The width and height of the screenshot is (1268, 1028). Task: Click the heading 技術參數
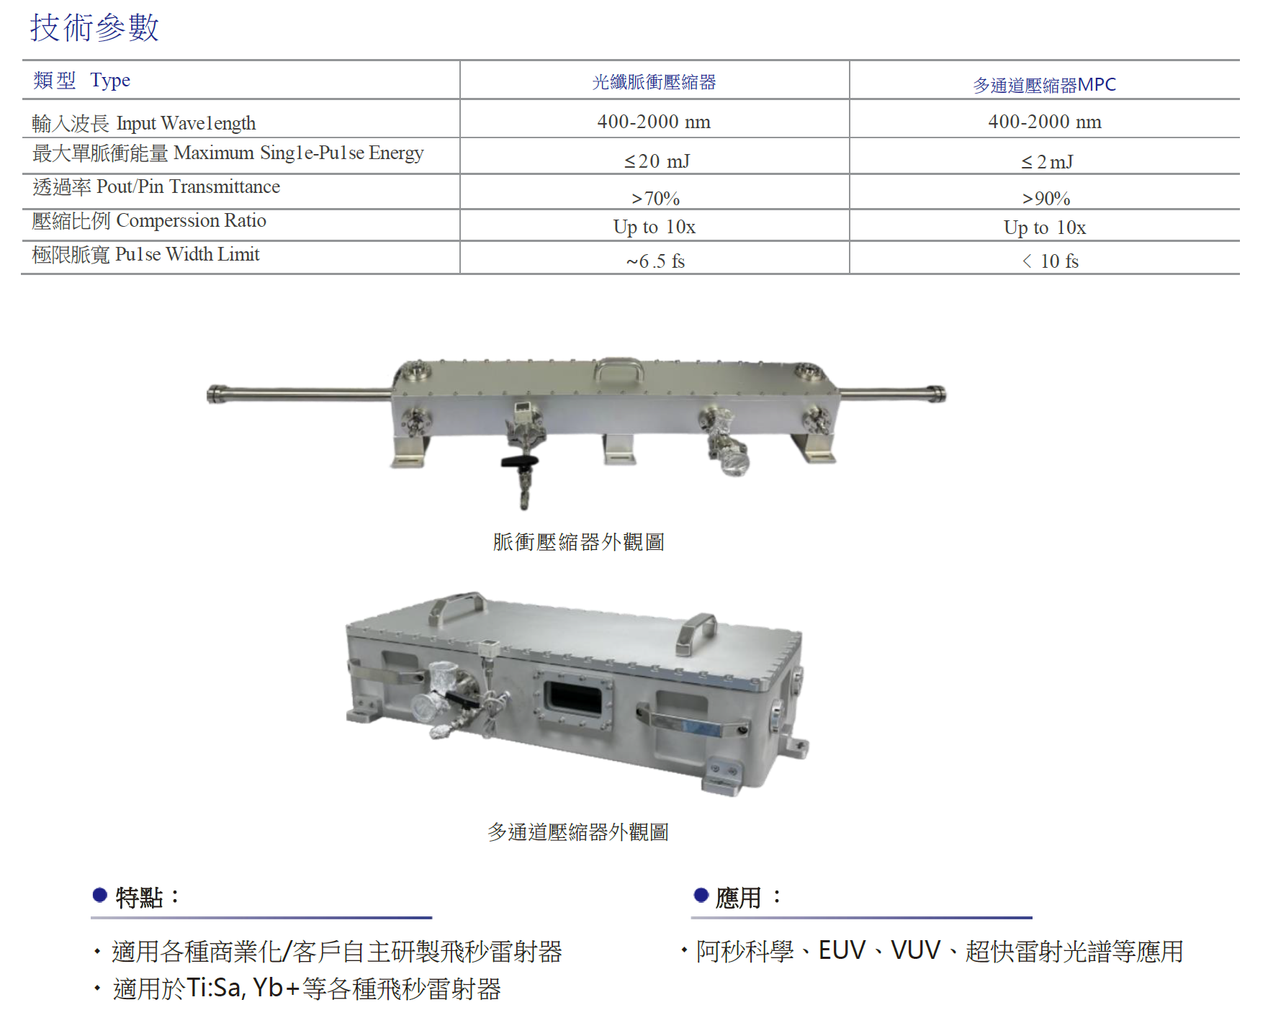pos(94,28)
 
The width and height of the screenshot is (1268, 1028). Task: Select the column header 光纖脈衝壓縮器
pos(654,82)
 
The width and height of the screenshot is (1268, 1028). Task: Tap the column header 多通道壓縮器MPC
pos(1044,85)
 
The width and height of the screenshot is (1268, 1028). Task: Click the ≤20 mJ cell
pos(657,161)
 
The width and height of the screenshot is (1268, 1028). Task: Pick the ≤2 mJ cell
pos(1047,162)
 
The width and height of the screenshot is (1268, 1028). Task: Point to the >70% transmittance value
pos(655,198)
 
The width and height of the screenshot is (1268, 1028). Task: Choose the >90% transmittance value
pos(1046,198)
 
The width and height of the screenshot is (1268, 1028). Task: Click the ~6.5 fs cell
pos(655,261)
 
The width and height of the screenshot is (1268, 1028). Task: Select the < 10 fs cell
pos(1051,261)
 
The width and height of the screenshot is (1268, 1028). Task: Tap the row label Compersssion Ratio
pos(192,220)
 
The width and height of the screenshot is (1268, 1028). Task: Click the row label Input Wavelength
pos(186,123)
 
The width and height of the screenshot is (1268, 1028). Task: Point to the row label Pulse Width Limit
pos(187,254)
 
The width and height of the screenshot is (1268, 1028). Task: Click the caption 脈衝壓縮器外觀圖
pos(579,541)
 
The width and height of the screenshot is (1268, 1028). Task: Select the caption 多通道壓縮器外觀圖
pos(578,832)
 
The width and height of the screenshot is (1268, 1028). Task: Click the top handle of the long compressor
pos(619,368)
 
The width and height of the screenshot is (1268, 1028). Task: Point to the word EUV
pos(842,950)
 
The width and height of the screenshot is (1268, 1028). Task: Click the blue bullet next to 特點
pos(100,895)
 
